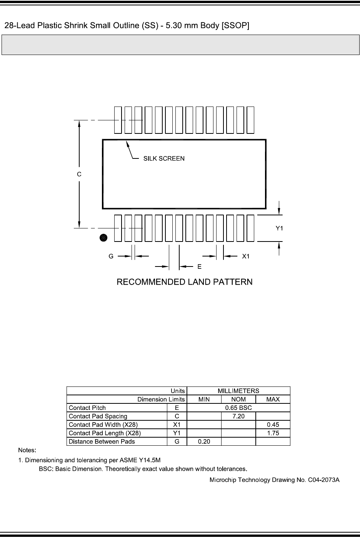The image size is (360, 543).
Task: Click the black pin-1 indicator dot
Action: coord(103,238)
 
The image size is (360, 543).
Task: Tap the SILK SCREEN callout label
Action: coord(164,158)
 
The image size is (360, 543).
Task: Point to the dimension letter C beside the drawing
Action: coord(79,174)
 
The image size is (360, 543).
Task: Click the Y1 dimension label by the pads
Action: coord(280,228)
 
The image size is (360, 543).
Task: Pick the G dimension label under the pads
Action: coord(111,256)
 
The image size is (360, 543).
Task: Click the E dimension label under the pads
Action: coord(200,266)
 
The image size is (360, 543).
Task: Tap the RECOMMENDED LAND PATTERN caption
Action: coord(185,282)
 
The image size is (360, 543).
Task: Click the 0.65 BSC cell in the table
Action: coord(238,408)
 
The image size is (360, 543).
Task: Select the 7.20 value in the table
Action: coord(238,416)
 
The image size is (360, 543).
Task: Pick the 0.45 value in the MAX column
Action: coord(273,425)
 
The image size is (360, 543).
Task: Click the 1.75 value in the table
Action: coord(273,433)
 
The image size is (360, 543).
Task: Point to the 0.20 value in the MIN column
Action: coord(204,442)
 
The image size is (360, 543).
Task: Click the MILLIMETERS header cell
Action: coord(238,391)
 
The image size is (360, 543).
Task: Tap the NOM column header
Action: coord(238,400)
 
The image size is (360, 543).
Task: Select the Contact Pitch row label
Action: coord(87,408)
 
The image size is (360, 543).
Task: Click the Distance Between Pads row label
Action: coord(102,442)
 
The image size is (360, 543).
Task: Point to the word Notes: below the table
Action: coord(27,450)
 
